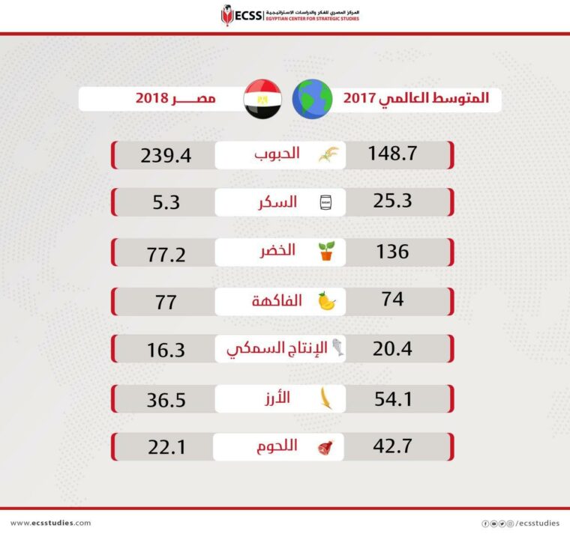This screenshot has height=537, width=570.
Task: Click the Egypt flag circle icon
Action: tap(262, 99)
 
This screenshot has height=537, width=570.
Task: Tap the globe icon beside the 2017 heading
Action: tap(312, 100)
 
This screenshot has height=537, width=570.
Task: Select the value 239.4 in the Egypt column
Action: tap(166, 156)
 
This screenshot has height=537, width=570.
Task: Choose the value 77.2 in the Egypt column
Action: tap(166, 252)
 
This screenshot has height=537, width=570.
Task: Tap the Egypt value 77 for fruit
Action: tap(166, 301)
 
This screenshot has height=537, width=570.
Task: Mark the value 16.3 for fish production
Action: tap(166, 350)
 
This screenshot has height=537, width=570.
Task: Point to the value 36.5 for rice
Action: tap(166, 398)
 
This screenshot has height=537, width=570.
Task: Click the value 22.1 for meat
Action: tap(166, 447)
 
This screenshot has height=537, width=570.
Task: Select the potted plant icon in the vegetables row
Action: tap(325, 252)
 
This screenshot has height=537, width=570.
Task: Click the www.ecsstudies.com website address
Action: tap(51, 523)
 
